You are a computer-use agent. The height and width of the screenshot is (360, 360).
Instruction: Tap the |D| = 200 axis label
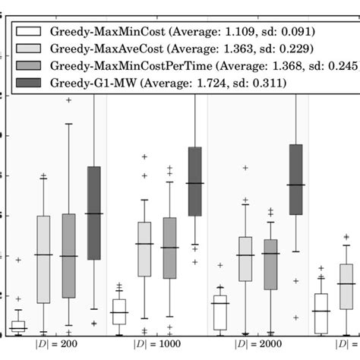55,344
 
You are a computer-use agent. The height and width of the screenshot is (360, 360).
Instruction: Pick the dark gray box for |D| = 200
93,213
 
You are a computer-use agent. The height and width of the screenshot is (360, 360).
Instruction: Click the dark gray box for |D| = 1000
194,182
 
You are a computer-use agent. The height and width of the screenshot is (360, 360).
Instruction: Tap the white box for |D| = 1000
119,312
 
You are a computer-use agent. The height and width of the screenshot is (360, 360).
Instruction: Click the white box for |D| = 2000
220,312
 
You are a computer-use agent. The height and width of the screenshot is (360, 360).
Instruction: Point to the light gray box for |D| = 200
43,259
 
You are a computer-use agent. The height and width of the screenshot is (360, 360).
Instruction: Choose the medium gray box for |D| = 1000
169,248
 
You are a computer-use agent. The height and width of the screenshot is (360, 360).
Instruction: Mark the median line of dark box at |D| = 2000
295,185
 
